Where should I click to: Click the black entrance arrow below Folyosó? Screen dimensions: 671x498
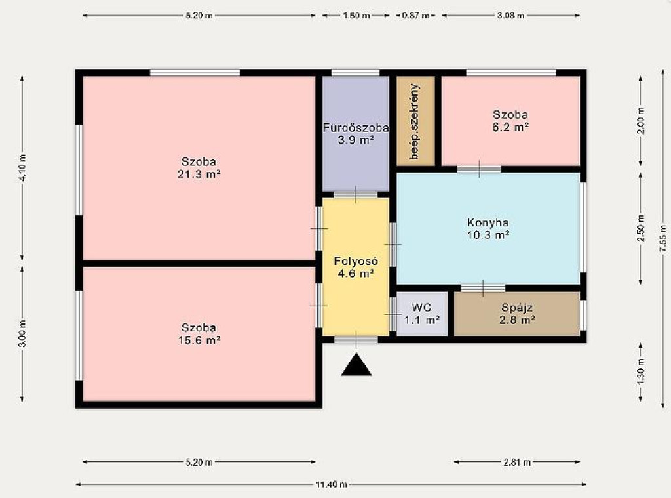click(x=356, y=365)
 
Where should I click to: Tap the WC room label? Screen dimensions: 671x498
click(x=422, y=314)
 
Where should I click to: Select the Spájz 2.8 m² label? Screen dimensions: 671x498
click(x=517, y=314)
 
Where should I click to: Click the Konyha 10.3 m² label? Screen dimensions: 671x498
click(x=488, y=229)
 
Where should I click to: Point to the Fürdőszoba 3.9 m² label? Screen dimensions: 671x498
click(x=356, y=134)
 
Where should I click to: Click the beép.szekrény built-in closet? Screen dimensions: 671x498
click(x=415, y=121)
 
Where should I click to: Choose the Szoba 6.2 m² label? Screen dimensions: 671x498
click(x=510, y=121)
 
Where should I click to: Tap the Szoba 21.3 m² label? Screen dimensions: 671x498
click(x=199, y=168)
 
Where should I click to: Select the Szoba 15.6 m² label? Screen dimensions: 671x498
click(x=199, y=334)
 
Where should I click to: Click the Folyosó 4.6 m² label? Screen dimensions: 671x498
click(x=356, y=268)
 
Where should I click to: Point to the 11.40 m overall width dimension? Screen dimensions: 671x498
click(x=331, y=485)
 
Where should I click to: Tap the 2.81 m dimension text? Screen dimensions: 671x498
click(x=517, y=462)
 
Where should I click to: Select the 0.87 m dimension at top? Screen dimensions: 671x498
click(x=415, y=16)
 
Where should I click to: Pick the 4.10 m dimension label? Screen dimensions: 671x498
click(x=22, y=167)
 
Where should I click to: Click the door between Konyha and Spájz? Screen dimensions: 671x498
click(x=483, y=288)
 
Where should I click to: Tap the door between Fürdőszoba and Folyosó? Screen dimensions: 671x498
click(x=355, y=195)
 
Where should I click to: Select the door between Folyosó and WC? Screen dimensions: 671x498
click(x=393, y=314)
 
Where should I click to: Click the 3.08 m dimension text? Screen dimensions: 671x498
click(x=510, y=16)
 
